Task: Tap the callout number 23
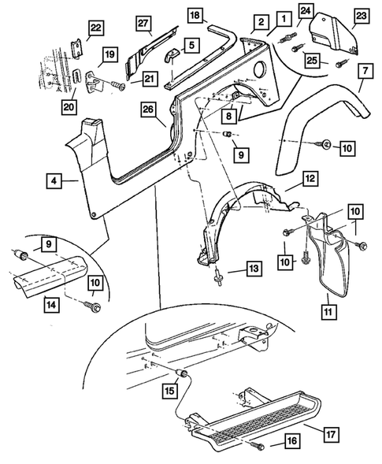[x=360, y=16]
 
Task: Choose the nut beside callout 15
[x=185, y=374]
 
